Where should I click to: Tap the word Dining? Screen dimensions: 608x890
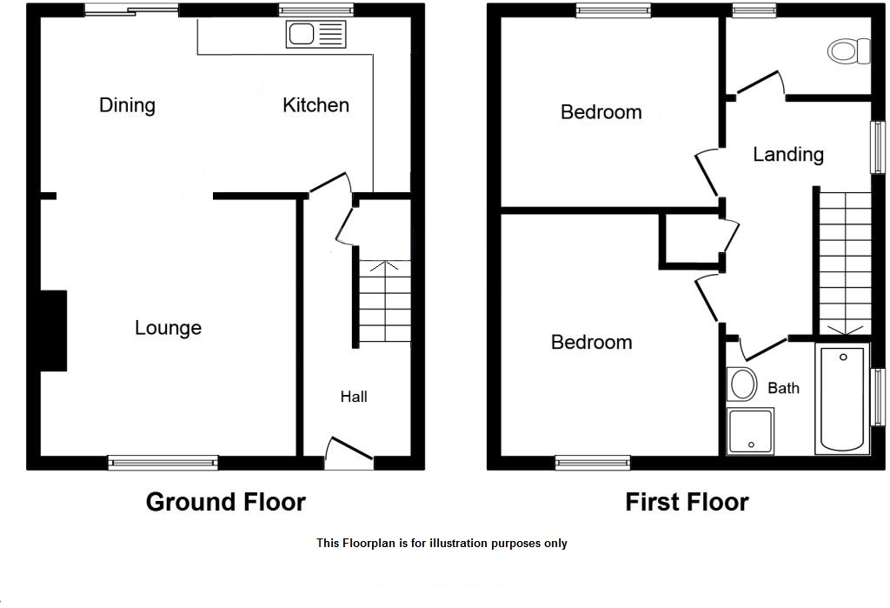127,105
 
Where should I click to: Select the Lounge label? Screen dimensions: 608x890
168,328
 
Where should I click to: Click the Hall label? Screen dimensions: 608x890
354,397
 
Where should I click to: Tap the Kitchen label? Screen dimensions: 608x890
315,105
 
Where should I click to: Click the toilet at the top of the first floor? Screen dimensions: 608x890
849,50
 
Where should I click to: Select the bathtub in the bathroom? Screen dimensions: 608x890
842,398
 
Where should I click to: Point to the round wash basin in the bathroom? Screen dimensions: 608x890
741,383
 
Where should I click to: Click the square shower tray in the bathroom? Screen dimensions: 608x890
750,432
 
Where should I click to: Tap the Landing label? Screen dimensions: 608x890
787,155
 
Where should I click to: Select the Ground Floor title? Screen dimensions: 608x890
225,502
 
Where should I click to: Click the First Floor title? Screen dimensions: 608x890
687,502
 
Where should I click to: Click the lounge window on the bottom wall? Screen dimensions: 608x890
163,462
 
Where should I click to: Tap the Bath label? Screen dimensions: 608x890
783,388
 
